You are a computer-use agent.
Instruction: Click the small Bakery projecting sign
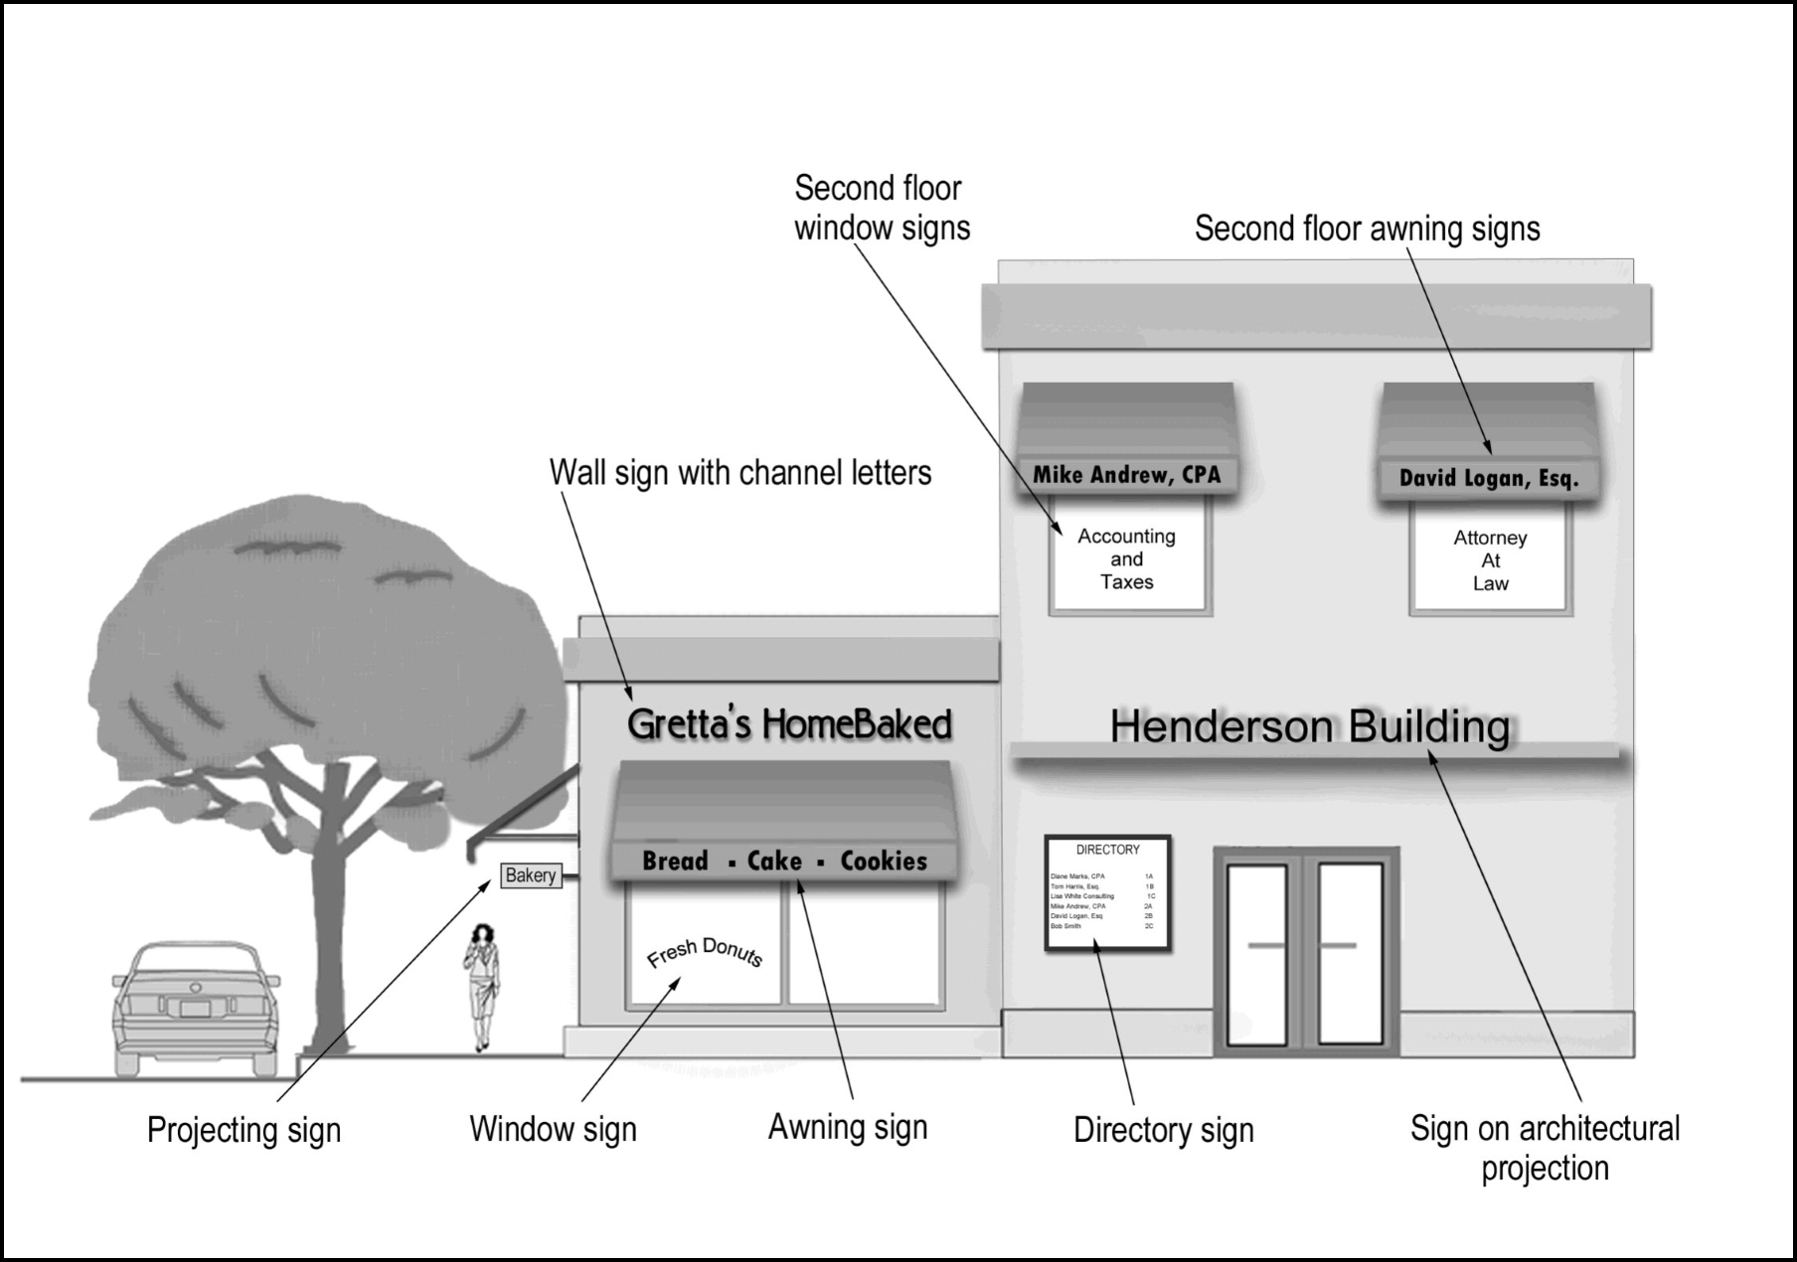531,875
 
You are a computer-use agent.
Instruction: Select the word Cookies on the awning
884,861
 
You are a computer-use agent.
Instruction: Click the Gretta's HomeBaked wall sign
789,724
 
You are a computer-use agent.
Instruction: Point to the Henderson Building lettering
1310,726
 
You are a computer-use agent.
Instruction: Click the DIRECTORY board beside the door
1107,892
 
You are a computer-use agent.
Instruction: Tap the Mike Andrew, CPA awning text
1126,475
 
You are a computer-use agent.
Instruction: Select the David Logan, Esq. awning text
1488,478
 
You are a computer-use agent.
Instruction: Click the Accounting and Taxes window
1127,559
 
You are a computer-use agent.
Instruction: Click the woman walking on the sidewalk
483,984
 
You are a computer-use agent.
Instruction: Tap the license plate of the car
195,1009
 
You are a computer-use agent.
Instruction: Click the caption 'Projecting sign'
244,1130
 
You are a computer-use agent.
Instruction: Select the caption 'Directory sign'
1163,1130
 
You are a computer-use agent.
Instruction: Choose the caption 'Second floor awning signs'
1367,229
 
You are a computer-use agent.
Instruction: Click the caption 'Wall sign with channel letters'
740,472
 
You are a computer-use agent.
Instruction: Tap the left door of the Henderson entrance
1257,954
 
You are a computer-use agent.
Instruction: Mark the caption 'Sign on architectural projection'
1545,1148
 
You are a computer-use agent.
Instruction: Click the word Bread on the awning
675,861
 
